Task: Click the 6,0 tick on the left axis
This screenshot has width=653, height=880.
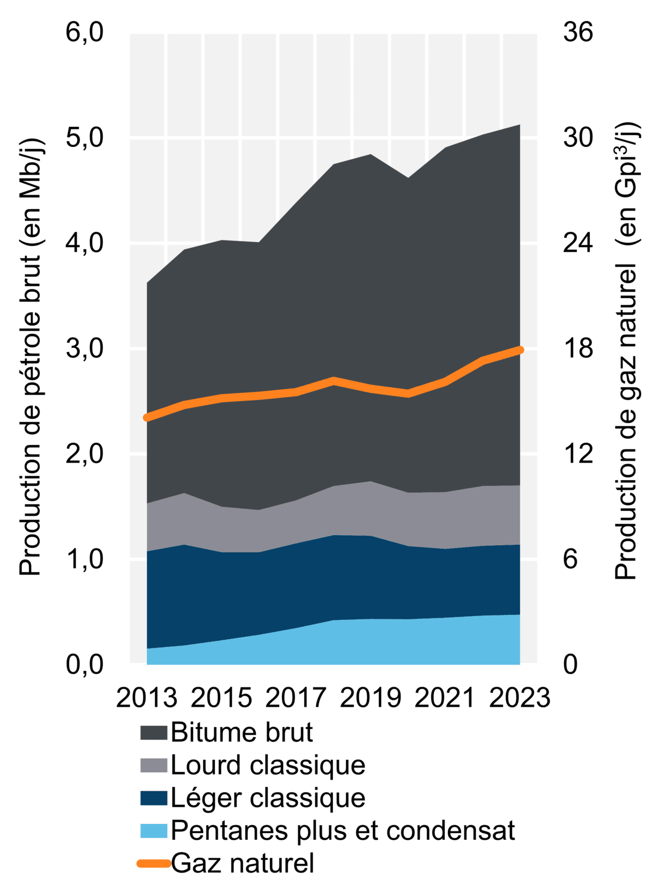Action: (84, 33)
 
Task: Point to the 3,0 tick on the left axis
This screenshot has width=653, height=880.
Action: (84, 349)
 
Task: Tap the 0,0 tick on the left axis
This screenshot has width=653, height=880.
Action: (84, 664)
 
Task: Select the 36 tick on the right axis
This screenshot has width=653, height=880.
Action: (578, 33)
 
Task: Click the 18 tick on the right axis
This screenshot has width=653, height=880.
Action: (578, 349)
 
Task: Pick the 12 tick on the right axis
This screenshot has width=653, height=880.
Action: (578, 454)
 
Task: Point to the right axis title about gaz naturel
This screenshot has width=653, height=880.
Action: (627, 351)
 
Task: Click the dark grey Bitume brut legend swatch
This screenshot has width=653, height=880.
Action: (153, 733)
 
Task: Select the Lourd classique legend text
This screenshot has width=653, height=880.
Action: (268, 765)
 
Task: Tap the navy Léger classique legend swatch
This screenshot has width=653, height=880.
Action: (153, 798)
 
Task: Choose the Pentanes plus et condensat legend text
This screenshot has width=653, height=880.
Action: (343, 831)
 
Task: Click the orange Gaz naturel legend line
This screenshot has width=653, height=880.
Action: (153, 863)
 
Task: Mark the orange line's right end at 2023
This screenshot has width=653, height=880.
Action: (520, 350)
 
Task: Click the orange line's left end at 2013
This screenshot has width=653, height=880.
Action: (147, 417)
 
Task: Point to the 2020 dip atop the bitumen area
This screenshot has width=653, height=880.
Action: (408, 178)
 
